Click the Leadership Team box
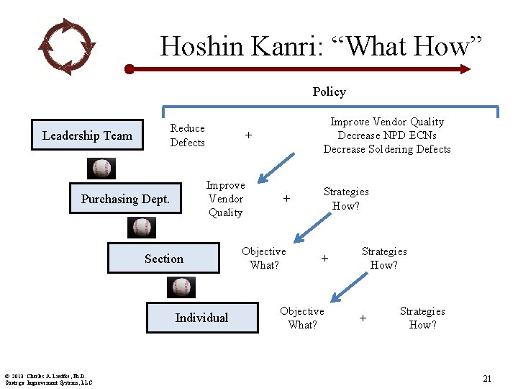coord(87,135)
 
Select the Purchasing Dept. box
coord(125,199)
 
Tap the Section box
coord(163,259)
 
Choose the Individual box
coord(201,318)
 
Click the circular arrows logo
coord(66,46)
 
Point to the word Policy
coord(329,91)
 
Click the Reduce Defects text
coord(187,135)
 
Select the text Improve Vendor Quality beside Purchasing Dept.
coord(225,199)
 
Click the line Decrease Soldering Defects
coord(387,149)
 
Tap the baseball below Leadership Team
coord(103,169)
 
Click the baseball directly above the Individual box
coord(182,287)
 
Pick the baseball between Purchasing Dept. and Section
coord(142,228)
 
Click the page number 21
coord(487,378)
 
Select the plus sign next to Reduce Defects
coord(248,135)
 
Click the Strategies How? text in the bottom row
coord(422,318)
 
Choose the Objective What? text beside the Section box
coord(263,258)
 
